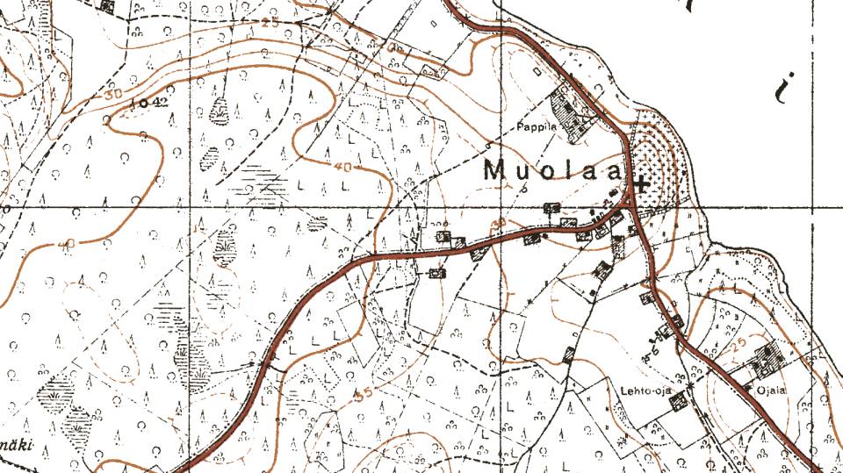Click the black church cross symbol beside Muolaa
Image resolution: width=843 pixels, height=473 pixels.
tap(642, 184)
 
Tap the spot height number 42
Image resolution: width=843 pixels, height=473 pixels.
tap(158, 103)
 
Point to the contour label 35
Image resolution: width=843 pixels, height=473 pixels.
tap(362, 393)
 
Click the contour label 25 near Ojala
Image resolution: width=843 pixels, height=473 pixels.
tap(736, 340)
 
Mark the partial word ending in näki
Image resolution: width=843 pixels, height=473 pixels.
tap(16, 446)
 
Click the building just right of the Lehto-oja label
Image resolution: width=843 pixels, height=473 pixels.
tap(676, 401)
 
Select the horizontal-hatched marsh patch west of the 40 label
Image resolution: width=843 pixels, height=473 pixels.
tap(263, 180)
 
